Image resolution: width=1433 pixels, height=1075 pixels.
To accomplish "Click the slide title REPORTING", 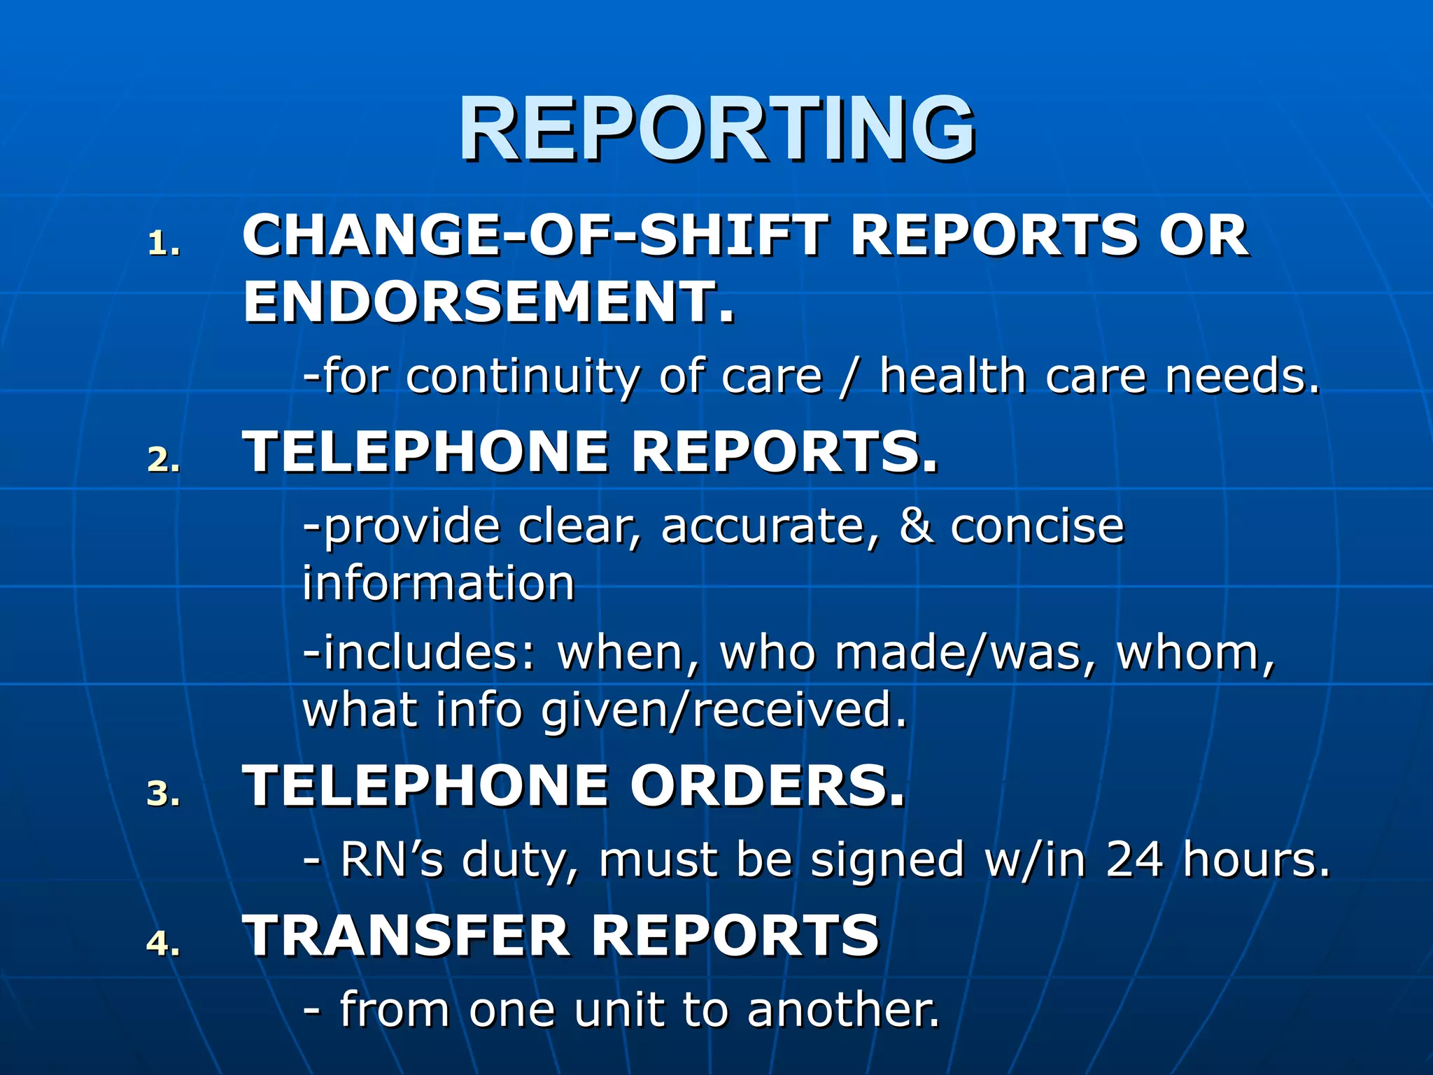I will [716, 129].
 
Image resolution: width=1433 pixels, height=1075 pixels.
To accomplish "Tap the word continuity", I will [522, 377].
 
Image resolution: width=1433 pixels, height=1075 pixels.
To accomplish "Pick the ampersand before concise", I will [916, 526].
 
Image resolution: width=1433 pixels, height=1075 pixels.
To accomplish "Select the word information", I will [439, 582].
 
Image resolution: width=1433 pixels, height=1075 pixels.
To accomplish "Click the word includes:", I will [420, 652].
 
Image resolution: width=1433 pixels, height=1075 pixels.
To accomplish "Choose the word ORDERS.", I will [768, 785].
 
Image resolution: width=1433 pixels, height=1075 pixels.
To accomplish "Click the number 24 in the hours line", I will [1134, 859].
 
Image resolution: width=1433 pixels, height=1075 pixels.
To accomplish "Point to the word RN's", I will [391, 859].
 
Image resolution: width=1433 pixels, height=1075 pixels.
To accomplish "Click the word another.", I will [843, 1010].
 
